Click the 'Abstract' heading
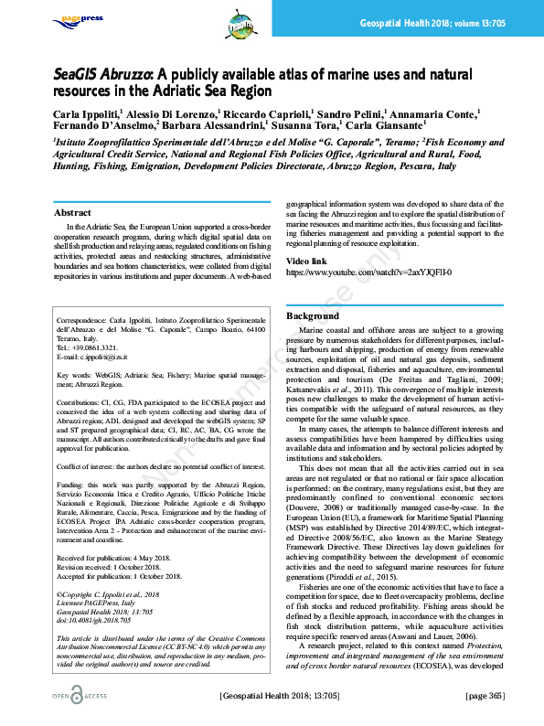point(73,213)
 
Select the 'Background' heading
point(313,315)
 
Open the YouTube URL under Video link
point(343,272)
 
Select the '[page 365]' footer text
point(485,697)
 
